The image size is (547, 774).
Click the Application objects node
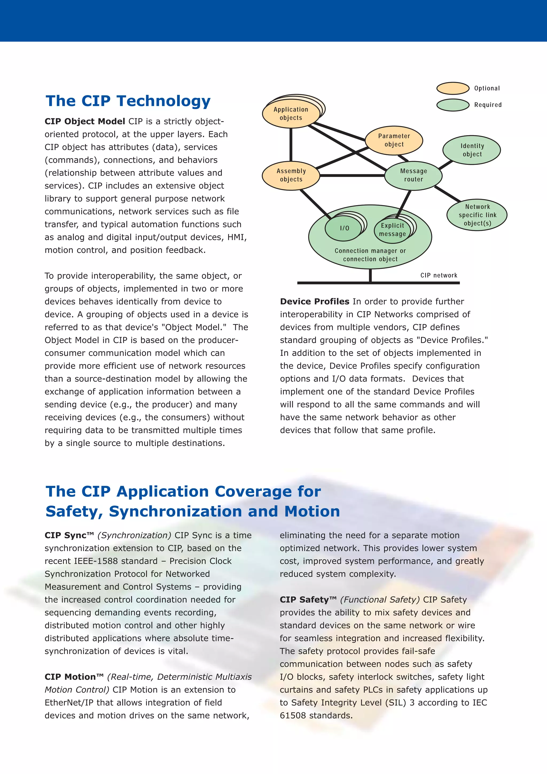tap(291, 114)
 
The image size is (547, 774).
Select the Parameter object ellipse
tap(394, 140)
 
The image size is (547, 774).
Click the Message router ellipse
tap(413, 175)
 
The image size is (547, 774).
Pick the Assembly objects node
tap(291, 175)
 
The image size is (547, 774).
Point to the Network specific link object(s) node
tap(477, 215)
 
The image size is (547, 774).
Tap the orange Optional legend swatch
tap(453, 88)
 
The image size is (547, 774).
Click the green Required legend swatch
tap(453, 105)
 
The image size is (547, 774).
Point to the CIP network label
tap(439, 275)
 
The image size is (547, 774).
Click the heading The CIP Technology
tap(128, 101)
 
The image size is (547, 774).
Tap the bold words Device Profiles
tap(314, 301)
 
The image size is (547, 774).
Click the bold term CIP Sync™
tap(69, 535)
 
